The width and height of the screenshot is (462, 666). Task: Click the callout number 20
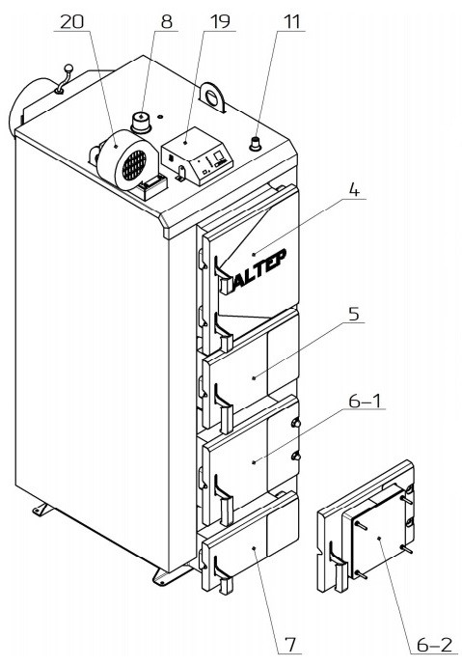71,21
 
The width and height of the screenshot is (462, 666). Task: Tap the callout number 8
167,21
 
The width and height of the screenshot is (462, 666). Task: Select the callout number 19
220,21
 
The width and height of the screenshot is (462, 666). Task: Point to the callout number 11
291,21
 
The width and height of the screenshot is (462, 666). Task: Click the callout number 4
354,190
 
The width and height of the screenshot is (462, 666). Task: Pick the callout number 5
354,315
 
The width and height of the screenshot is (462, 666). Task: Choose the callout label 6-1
365,401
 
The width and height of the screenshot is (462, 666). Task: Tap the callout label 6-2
434,645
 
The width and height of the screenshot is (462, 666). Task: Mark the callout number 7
290,645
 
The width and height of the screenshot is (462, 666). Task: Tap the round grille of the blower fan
134,164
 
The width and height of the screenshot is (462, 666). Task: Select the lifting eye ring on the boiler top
213,98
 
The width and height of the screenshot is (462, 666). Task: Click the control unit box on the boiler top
197,155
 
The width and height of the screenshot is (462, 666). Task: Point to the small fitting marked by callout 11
256,143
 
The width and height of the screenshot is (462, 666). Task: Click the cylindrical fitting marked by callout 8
141,122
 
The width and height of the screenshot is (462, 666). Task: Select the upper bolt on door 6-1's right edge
296,423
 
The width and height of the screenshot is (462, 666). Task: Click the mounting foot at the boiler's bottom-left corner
42,510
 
